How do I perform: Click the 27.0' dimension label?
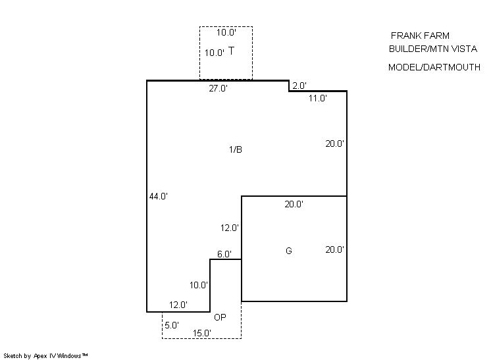[219, 88]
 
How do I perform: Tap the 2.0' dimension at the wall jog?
[299, 86]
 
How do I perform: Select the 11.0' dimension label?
[317, 98]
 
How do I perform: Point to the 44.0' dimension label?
[159, 196]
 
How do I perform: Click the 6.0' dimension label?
[224, 254]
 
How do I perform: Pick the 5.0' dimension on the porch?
[172, 325]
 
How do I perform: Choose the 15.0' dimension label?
[202, 333]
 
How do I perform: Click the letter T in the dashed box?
[231, 51]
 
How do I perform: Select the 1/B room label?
[236, 149]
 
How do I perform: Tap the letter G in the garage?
[289, 251]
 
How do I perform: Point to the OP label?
[220, 317]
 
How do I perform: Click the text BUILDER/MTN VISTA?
[433, 49]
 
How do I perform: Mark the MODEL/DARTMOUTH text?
[434, 67]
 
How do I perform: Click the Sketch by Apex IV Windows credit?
[45, 356]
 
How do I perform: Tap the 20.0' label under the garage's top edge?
[294, 204]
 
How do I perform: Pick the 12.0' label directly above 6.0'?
[230, 228]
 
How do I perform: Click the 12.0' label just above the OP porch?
[178, 305]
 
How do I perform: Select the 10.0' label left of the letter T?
[215, 53]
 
